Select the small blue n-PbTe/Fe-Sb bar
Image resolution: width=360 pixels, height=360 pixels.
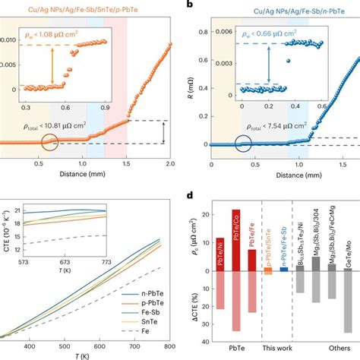284,269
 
